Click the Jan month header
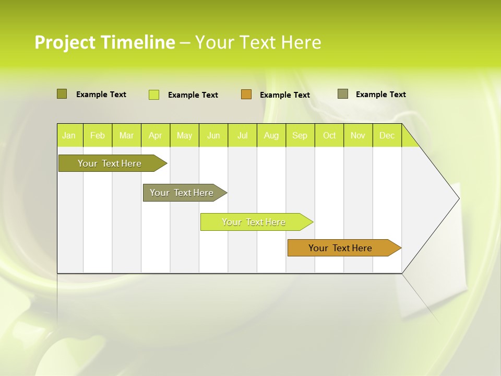point(69,136)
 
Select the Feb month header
point(98,136)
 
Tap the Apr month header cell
point(156,136)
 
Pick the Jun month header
point(213,136)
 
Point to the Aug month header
point(271,136)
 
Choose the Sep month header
point(300,136)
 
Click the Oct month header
point(329,136)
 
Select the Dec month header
point(387,136)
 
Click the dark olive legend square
point(62,94)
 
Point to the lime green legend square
point(154,95)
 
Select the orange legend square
point(246,95)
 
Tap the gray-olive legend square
point(343,94)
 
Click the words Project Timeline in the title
point(104,42)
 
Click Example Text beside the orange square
point(285,95)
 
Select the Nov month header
point(358,136)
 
